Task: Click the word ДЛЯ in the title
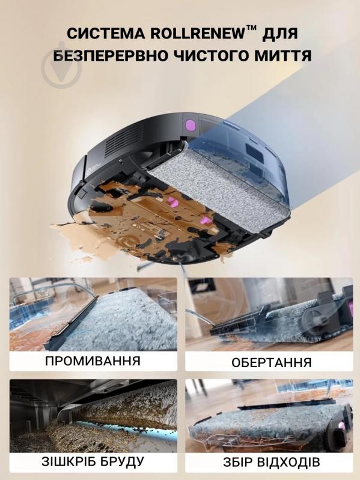281,34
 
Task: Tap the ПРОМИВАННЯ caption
93,360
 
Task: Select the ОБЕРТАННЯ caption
271,362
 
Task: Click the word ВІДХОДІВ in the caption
287,462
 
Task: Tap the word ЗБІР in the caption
236,462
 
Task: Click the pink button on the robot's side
190,126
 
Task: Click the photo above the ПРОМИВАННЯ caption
93,314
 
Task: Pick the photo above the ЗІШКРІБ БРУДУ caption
93,416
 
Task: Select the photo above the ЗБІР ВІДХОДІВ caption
269,416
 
